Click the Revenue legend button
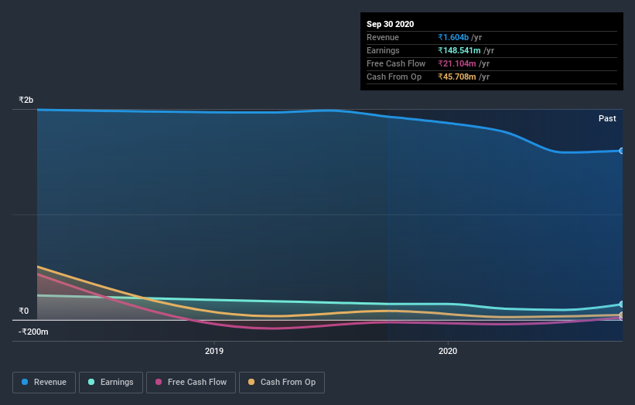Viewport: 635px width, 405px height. (x=45, y=382)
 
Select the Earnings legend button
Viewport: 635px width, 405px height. (x=111, y=382)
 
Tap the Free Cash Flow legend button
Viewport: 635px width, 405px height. (x=191, y=382)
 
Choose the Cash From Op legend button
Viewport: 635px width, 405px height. (x=282, y=382)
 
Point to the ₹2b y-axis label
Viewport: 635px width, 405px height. (x=26, y=100)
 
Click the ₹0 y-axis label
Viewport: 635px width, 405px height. (x=23, y=311)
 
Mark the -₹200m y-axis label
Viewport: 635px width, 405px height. (x=34, y=332)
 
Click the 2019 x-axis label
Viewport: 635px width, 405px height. (x=214, y=352)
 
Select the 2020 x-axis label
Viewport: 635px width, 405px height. (x=448, y=352)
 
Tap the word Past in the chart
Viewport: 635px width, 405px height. (x=607, y=118)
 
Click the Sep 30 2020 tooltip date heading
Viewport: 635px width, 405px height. (x=391, y=24)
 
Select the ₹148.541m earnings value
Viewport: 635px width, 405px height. (x=461, y=50)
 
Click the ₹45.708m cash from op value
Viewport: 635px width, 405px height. (x=458, y=77)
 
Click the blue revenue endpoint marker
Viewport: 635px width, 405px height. (x=621, y=151)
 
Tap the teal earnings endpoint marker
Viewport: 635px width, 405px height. (x=621, y=305)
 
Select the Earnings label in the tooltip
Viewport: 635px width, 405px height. (x=383, y=50)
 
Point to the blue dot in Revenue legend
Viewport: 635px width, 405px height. (x=26, y=382)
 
